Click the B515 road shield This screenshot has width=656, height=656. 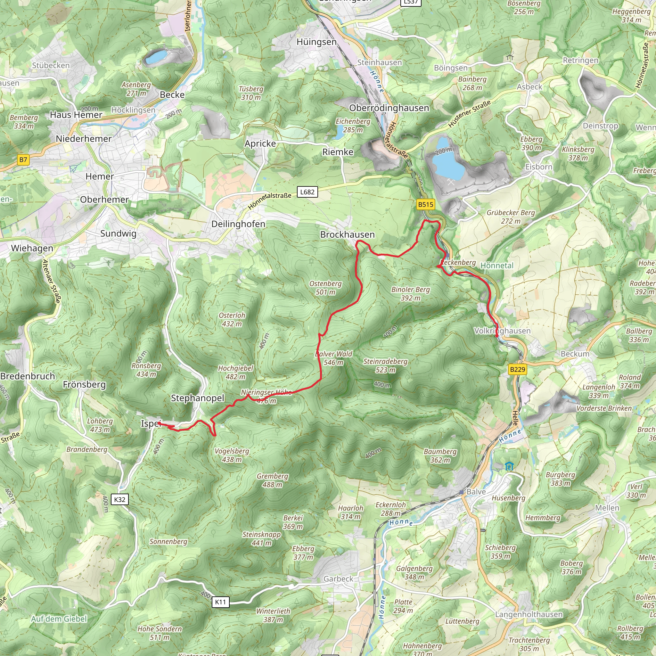[x=425, y=204]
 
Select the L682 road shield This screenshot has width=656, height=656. [x=307, y=192]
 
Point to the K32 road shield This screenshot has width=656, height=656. [x=120, y=499]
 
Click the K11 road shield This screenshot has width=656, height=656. [x=220, y=602]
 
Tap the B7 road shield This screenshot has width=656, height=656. [x=23, y=160]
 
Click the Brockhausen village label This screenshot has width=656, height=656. [x=347, y=234]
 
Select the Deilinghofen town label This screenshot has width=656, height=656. [x=238, y=224]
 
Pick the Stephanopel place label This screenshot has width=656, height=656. [x=198, y=398]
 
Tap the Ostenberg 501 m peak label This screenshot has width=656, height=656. [x=325, y=288]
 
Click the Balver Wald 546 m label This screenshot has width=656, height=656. [x=333, y=358]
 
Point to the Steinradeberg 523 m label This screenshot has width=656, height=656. [x=385, y=365]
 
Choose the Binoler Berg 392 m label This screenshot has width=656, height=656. [x=411, y=293]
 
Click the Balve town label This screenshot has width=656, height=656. [x=476, y=492]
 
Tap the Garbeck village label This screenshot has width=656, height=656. [x=338, y=578]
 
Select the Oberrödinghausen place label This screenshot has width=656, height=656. [x=389, y=108]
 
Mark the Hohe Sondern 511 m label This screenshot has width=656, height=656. [x=160, y=633]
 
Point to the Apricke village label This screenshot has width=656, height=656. [x=260, y=143]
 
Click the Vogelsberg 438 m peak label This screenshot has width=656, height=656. [x=232, y=455]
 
